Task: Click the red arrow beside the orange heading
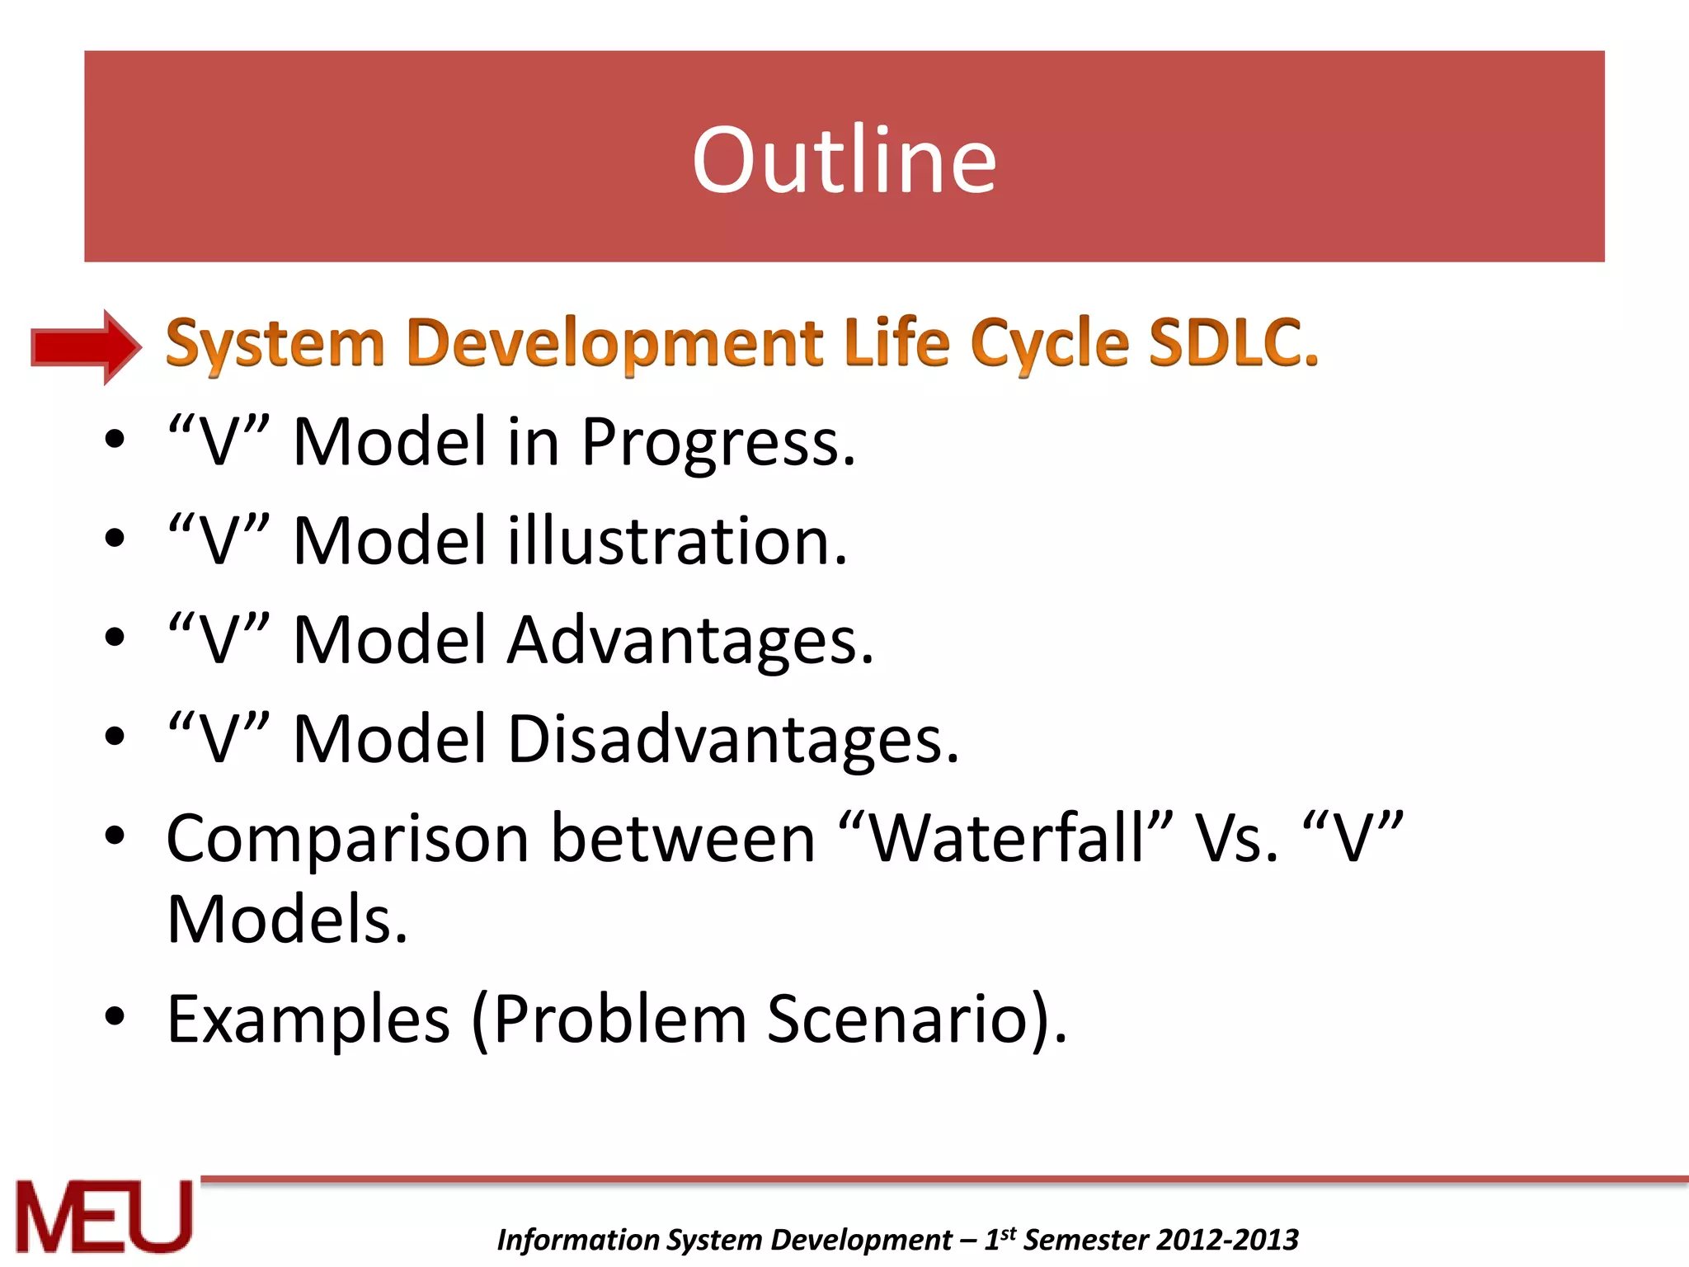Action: tap(85, 346)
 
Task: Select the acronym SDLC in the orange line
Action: tap(1232, 342)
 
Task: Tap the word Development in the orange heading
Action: tap(614, 342)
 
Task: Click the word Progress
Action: tap(717, 443)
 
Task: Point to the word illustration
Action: tap(676, 541)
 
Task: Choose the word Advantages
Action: tap(689, 641)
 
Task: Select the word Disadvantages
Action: tap(732, 739)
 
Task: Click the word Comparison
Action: tap(346, 840)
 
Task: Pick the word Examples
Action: tap(308, 1020)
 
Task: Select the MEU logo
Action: tap(103, 1217)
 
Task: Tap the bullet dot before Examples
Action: tap(115, 1016)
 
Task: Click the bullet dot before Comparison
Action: tap(115, 835)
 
